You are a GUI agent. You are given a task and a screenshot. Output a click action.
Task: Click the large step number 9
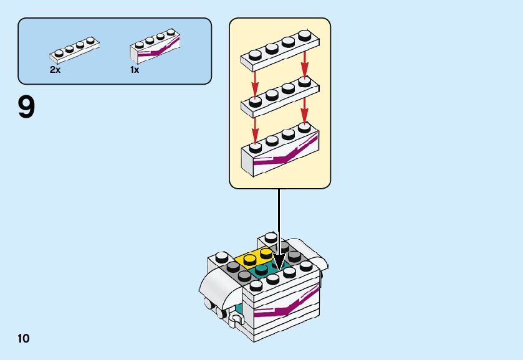(27, 107)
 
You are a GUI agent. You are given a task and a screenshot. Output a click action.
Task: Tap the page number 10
(24, 338)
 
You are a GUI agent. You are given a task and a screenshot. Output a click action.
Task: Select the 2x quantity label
(55, 70)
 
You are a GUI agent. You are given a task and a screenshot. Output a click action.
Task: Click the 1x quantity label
(135, 70)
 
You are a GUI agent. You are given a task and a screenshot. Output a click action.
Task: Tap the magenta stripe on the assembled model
(287, 305)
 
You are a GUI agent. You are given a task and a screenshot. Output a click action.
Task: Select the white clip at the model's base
(235, 321)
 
